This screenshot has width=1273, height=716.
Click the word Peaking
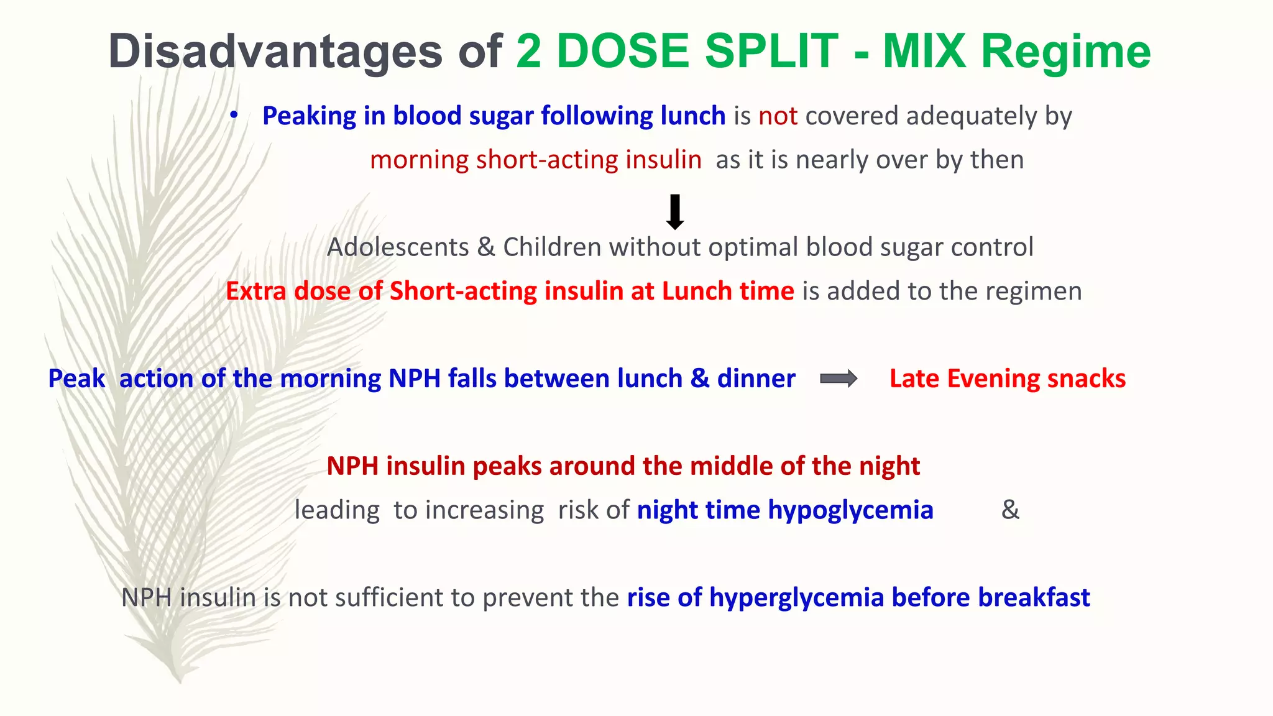(308, 116)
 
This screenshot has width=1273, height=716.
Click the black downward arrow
(674, 212)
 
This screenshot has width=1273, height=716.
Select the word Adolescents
(398, 247)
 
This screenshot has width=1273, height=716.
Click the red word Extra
(255, 291)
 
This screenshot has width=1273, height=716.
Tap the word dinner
(756, 379)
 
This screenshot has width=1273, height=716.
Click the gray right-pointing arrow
(839, 379)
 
